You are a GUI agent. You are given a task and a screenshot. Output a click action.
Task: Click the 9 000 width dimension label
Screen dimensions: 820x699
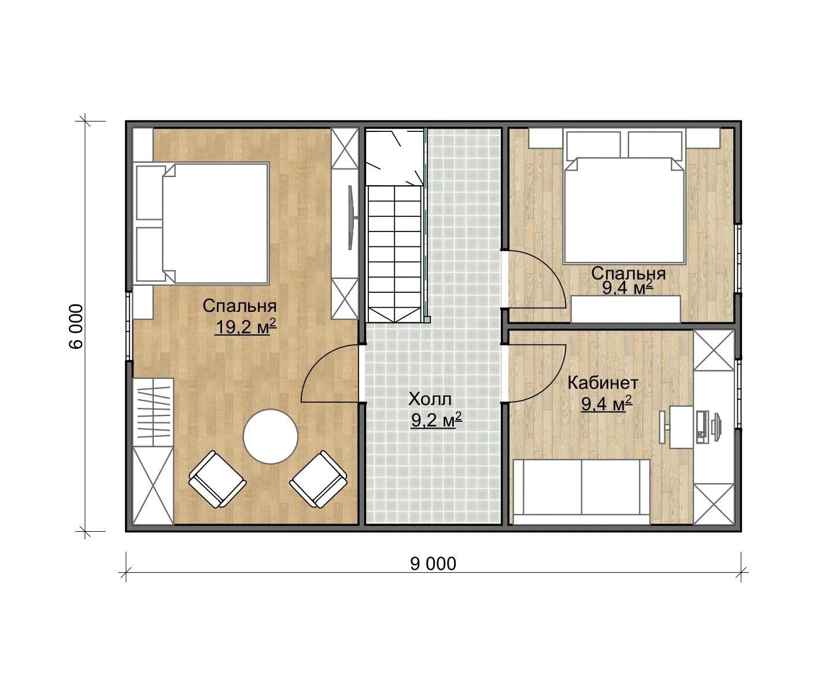tap(433, 564)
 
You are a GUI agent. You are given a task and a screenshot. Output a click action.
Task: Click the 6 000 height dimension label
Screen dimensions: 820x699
tap(76, 326)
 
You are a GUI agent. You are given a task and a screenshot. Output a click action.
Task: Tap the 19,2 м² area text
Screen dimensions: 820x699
tap(246, 327)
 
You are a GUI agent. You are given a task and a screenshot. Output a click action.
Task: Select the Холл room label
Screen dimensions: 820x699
tap(430, 399)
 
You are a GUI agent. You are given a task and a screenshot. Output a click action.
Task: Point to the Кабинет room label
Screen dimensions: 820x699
tap(603, 383)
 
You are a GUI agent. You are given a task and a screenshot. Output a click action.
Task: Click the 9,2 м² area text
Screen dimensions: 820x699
tap(437, 420)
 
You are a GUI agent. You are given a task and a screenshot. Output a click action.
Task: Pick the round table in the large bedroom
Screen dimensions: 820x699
tap(271, 436)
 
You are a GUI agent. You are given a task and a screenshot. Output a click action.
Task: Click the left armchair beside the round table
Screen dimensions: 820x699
tap(217, 479)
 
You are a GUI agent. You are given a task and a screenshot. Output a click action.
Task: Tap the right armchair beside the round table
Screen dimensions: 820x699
tap(319, 479)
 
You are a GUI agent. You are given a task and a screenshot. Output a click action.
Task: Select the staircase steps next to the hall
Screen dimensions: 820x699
tap(394, 254)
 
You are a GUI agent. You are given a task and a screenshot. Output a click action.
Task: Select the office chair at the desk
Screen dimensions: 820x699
tap(663, 427)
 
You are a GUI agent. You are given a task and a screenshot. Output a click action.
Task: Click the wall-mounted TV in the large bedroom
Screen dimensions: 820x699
tap(350, 218)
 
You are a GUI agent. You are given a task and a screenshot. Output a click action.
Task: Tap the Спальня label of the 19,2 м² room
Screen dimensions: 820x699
tap(239, 307)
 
